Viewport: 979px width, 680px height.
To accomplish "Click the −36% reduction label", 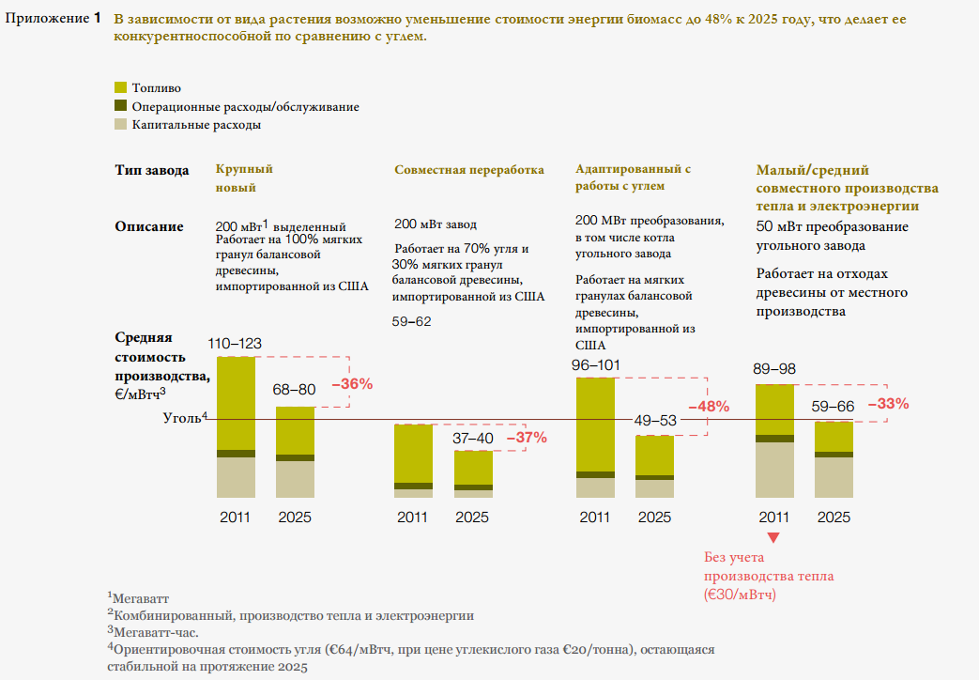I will coord(353,383).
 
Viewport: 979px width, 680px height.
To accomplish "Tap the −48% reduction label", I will coord(709,407).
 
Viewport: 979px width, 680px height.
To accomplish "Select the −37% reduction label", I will coord(527,437).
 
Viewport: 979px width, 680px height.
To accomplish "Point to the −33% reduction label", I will coord(888,404).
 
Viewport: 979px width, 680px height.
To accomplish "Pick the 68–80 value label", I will coord(295,390).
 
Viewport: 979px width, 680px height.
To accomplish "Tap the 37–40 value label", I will coord(472,438).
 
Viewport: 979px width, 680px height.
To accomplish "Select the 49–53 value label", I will coord(654,420).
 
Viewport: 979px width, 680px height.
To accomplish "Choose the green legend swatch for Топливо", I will coord(120,87).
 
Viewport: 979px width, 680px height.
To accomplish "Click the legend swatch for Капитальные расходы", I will coord(120,123).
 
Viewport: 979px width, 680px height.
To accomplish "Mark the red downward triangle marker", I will coord(773,538).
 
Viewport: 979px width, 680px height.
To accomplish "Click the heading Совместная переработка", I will coord(469,170).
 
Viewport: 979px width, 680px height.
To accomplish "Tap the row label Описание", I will coord(149,226).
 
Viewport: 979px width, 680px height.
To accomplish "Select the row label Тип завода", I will coord(152,170).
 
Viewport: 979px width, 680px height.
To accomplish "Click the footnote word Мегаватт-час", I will coord(150,631).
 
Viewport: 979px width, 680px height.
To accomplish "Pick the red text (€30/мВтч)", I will coord(740,595).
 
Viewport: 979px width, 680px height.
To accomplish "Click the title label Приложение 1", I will coord(54,18).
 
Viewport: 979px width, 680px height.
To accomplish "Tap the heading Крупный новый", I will coord(244,178).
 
